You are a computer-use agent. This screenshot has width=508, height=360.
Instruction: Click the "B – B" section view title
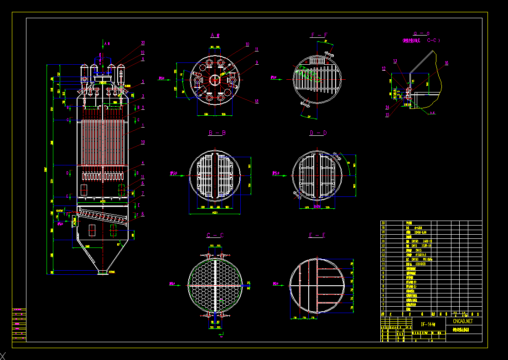pos(217,133)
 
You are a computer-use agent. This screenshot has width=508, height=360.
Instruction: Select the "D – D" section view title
pos(318,133)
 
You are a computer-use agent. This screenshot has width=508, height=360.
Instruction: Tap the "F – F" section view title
pos(319,35)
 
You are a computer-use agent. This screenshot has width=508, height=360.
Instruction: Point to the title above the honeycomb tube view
pos(215,236)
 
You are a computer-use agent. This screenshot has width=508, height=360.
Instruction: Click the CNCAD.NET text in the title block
pos(463,321)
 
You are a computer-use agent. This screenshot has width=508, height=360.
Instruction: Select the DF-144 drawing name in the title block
pos(428,324)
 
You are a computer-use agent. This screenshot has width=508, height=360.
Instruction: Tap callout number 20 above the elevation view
pos(143,43)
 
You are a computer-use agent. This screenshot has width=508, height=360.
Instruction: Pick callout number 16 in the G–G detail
pos(446,63)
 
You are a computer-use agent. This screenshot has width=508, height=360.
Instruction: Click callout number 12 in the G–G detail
pos(384,68)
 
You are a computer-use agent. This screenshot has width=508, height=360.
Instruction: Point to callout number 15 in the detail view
pos(387,115)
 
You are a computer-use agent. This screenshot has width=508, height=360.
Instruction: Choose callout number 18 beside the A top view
pos(257,101)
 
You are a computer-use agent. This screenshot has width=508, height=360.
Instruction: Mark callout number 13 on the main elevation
pos(143,142)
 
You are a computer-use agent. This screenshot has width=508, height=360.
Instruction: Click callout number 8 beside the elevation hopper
pos(143,214)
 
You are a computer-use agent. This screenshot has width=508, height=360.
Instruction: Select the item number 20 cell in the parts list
pos(383,223)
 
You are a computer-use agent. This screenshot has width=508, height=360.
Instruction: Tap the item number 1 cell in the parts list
pos(383,309)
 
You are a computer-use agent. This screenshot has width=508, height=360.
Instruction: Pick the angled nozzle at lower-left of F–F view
pos(304,106)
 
